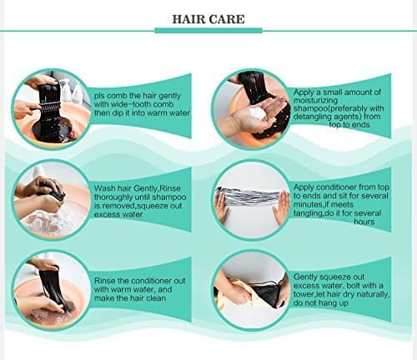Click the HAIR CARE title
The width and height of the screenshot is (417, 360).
point(208,19)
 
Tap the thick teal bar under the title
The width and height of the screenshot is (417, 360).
point(208,31)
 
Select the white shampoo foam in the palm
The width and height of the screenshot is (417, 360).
point(257,114)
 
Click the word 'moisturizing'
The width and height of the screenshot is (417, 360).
point(315,100)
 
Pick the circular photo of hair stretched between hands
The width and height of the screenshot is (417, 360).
point(252,200)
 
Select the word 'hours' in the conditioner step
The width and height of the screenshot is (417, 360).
point(364,222)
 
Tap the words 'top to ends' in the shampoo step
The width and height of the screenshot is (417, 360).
point(349,124)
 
